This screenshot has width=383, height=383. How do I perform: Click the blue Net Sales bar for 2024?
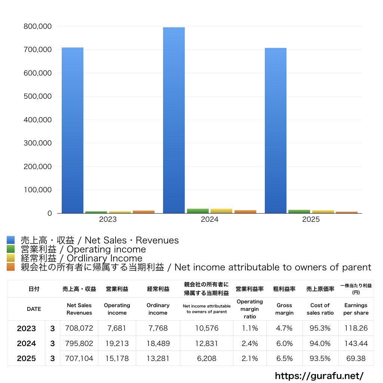tap(174, 120)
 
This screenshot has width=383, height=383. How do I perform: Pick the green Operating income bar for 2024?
tap(198, 211)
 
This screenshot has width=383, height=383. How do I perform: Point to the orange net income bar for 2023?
tap(144, 212)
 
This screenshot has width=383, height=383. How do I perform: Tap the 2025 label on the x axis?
tap(311, 220)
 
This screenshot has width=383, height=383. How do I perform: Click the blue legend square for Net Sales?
tap(10, 240)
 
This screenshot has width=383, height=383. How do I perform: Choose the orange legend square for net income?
tap(10, 267)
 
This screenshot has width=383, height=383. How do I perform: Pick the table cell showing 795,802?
tap(79, 343)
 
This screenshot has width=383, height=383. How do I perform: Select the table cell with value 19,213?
tap(117, 343)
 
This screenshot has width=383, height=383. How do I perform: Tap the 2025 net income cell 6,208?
tap(206, 358)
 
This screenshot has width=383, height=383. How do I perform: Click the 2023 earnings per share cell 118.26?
tap(356, 328)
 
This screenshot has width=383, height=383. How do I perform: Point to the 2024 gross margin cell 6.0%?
tap(284, 343)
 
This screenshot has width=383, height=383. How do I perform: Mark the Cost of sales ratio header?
tap(320, 309)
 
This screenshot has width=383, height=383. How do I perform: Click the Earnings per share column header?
tap(356, 309)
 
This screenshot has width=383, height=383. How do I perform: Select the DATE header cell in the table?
tap(34, 309)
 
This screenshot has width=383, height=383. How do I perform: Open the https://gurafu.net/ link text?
tap(319, 376)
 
